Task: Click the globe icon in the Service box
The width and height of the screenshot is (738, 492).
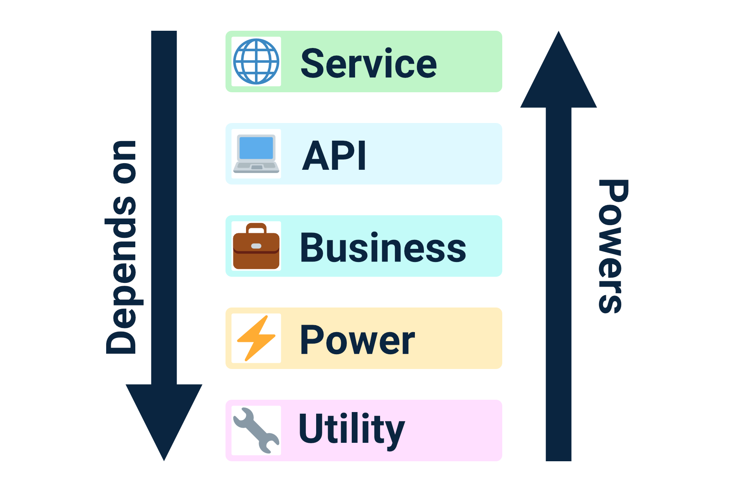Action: [256, 61]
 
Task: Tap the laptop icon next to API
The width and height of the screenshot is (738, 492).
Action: [256, 154]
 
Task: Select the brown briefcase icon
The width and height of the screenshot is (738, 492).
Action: [256, 247]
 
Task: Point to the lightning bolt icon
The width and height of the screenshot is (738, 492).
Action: [256, 338]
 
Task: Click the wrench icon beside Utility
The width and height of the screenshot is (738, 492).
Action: [256, 430]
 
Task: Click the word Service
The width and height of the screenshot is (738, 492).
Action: [369, 63]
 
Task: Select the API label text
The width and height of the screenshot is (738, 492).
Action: [334, 155]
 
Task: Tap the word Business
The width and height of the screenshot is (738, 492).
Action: [383, 248]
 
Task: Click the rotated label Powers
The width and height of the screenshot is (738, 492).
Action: [613, 246]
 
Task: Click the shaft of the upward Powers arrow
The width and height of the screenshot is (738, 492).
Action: [558, 287]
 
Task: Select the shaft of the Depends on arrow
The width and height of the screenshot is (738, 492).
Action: [164, 205]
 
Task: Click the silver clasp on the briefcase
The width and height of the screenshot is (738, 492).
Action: [256, 246]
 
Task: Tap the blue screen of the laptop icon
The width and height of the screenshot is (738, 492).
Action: [256, 148]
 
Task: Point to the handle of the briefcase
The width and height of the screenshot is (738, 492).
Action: [257, 227]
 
